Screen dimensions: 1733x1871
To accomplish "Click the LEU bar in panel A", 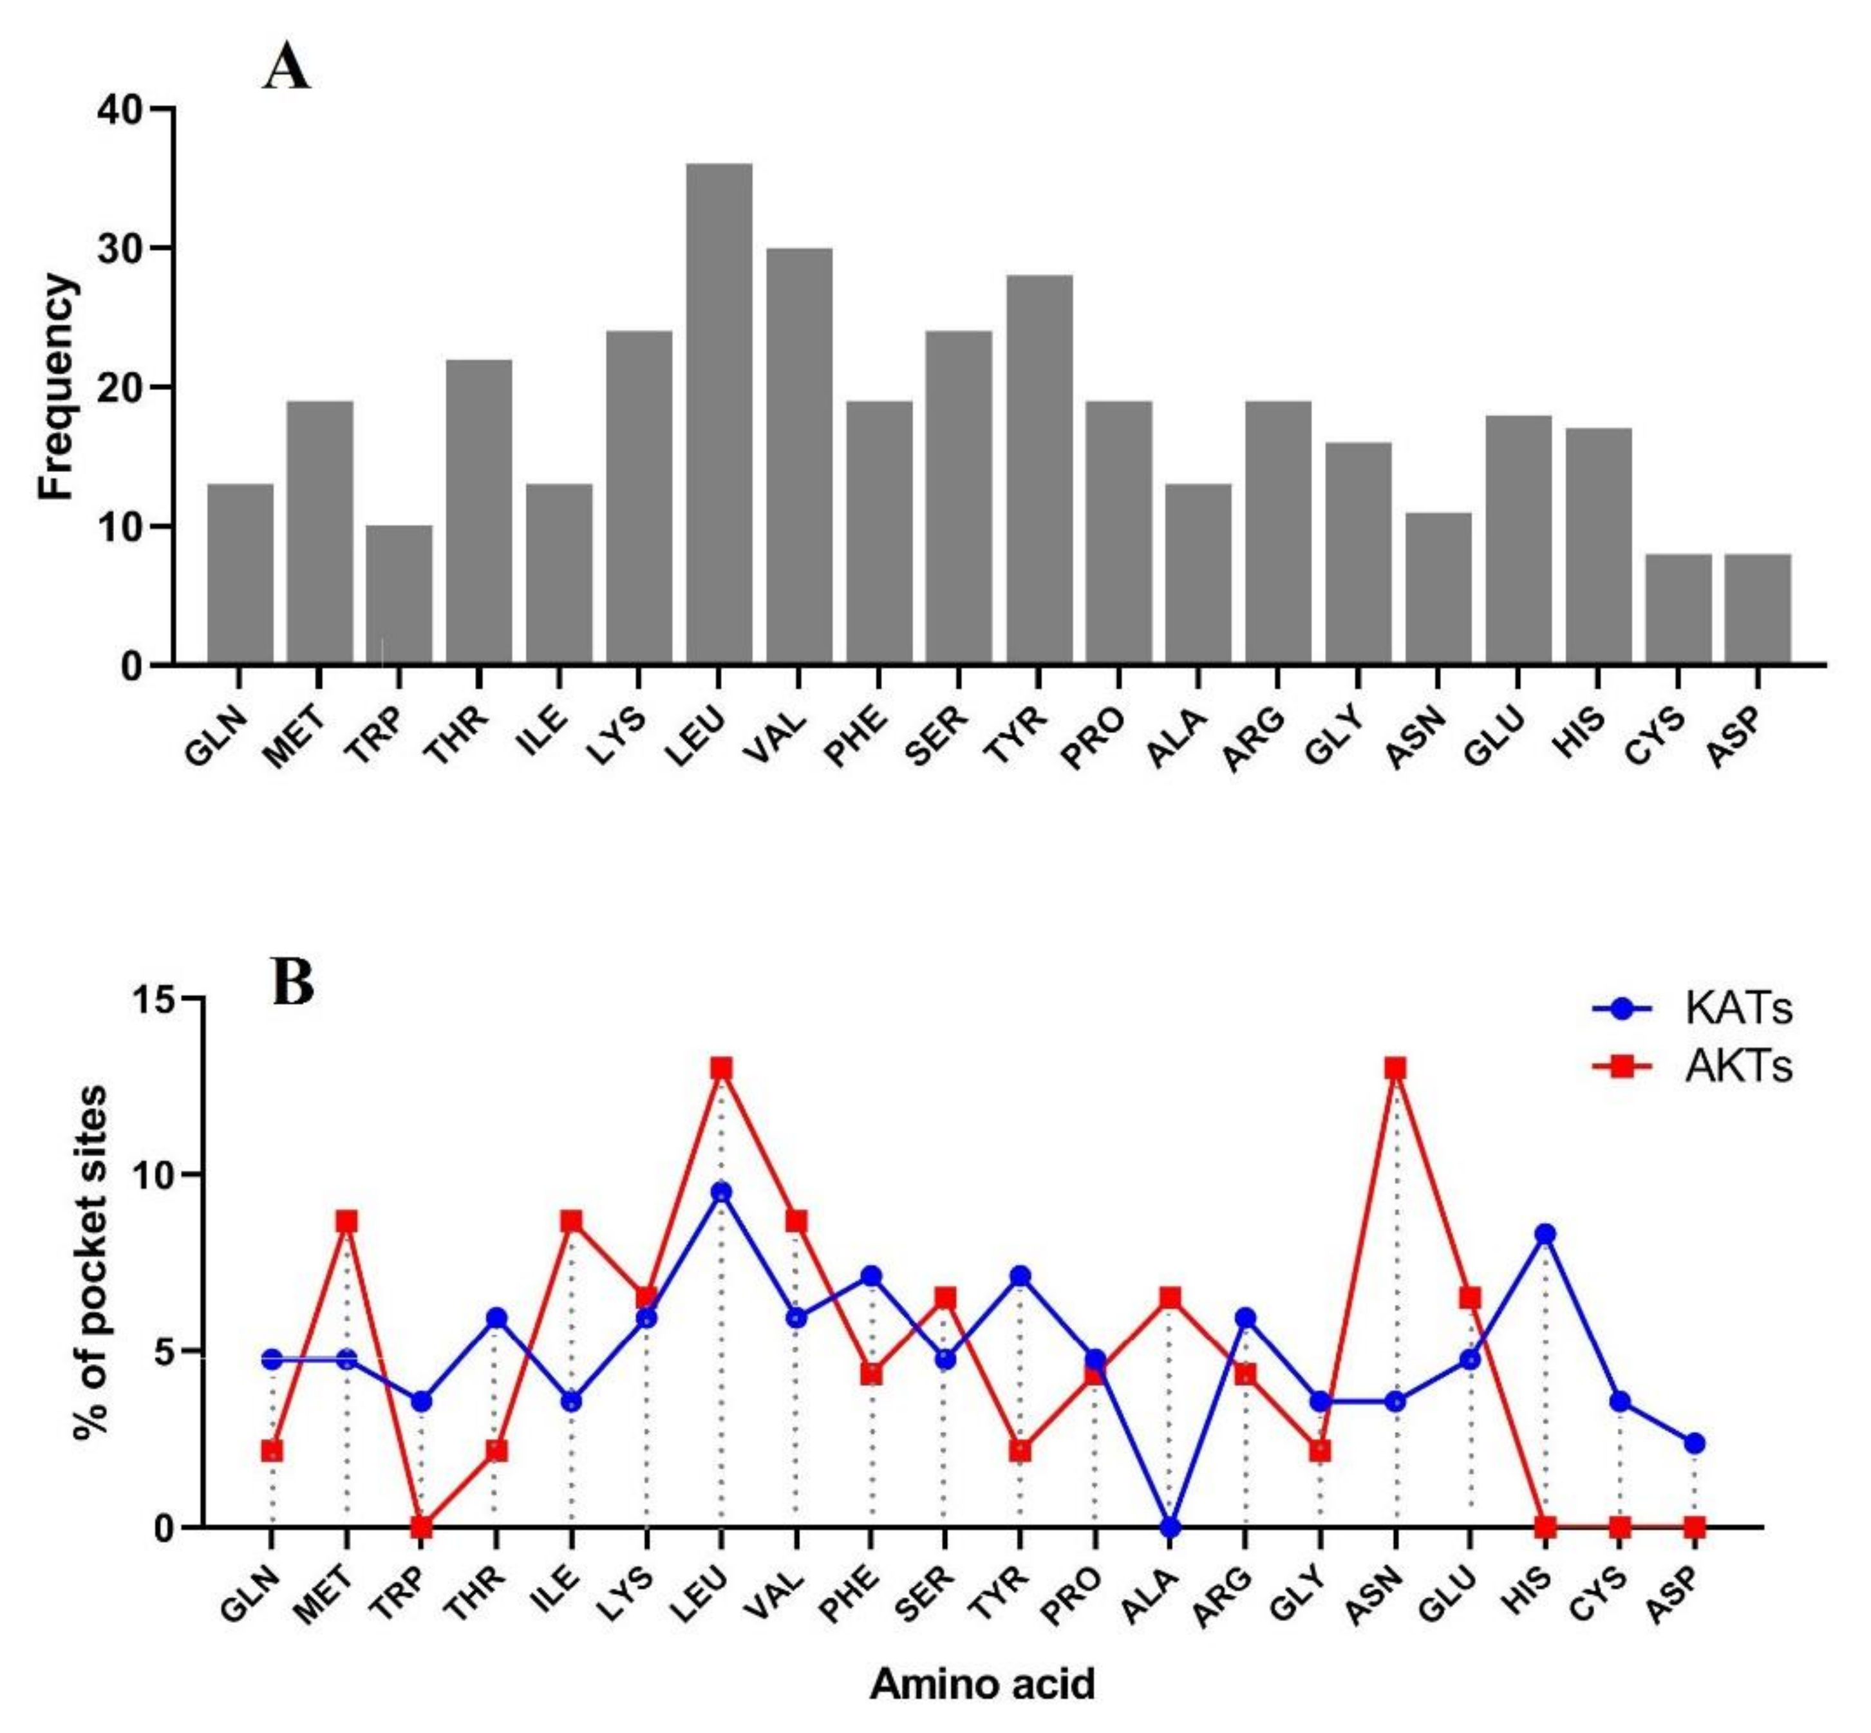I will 719,413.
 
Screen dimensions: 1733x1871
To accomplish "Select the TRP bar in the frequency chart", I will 399,595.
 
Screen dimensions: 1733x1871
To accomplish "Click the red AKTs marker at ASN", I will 1395,1069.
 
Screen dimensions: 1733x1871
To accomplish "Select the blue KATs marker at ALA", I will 1169,1528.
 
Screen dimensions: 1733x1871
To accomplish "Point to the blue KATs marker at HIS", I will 1545,1234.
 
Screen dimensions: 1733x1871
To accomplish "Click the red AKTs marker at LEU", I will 720,1069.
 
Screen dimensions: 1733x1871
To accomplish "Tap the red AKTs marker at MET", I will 347,1222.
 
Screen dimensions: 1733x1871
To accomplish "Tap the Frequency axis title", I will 56,386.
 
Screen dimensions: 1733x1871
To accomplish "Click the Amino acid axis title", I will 982,1684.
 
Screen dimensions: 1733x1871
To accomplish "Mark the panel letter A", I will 285,68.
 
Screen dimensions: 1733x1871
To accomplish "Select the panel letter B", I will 292,982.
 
